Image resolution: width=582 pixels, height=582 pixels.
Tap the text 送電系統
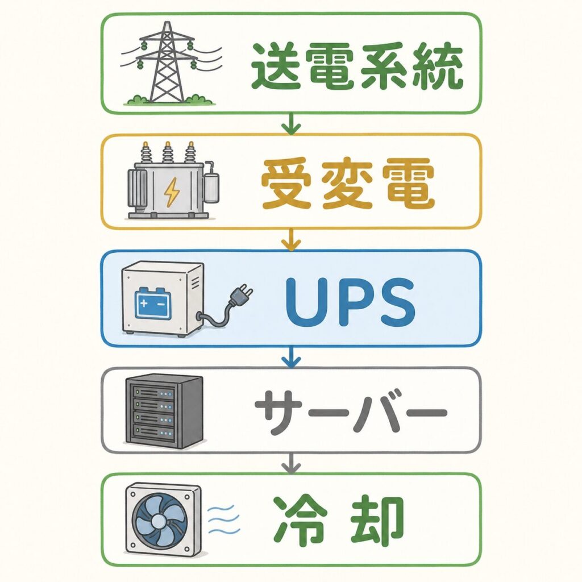pyautogui.click(x=357, y=66)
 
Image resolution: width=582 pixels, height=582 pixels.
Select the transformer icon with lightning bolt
pyautogui.click(x=173, y=181)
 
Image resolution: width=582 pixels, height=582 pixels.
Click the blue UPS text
pyautogui.click(x=350, y=301)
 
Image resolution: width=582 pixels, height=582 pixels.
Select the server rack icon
pyautogui.click(x=164, y=411)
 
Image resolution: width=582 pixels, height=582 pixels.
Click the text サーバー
pyautogui.click(x=351, y=413)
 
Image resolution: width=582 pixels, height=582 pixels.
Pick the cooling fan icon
pyautogui.click(x=163, y=519)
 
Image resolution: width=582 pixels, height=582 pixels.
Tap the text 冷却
pyautogui.click(x=339, y=519)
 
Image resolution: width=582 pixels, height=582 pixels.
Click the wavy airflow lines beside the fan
pyautogui.click(x=222, y=519)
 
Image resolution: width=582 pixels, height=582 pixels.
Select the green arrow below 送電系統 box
pyautogui.click(x=291, y=123)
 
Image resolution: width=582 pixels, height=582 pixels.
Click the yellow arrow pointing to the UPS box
pyautogui.click(x=291, y=239)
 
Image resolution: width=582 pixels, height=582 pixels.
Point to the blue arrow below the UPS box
pyautogui.click(x=291, y=357)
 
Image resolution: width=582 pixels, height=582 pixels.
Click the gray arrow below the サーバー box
pyautogui.click(x=291, y=463)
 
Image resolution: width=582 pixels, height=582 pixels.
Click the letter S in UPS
pyautogui.click(x=398, y=301)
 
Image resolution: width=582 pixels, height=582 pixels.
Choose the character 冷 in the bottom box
pyautogui.click(x=301, y=519)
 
